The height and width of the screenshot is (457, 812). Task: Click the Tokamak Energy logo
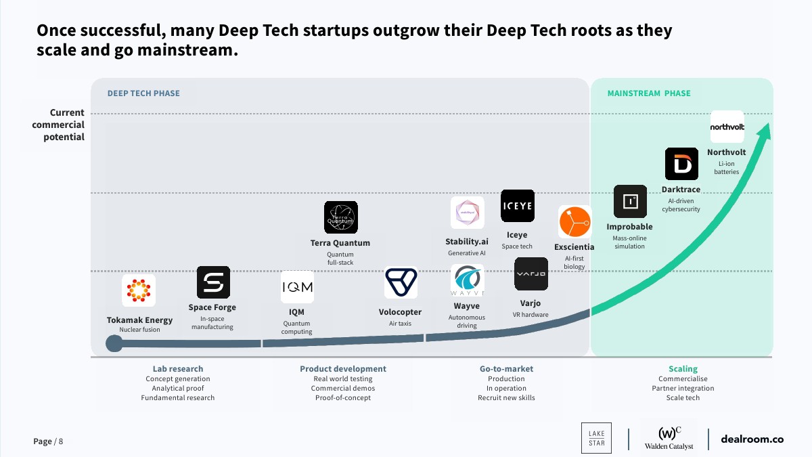(139, 290)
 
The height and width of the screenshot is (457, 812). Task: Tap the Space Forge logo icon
(213, 282)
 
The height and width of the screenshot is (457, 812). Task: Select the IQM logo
(297, 287)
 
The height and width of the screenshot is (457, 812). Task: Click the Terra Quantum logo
(340, 217)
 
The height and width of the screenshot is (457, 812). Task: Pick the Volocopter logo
(401, 282)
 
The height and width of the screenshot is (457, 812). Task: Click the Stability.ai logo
(467, 213)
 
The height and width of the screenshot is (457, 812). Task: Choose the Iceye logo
(517, 206)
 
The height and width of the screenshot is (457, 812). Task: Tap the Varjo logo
(531, 274)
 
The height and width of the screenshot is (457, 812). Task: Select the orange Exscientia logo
(574, 221)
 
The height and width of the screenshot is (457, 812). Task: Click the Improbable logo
(630, 201)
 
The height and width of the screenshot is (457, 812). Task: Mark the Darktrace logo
(681, 164)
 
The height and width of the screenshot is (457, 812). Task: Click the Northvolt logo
(727, 127)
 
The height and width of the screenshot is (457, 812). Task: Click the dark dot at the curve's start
(114, 343)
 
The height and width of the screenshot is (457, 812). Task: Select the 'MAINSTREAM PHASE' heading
(648, 93)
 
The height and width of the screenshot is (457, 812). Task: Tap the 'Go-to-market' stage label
(506, 369)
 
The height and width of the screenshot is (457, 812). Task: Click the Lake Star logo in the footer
(596, 438)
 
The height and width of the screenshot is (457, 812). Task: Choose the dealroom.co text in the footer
(752, 439)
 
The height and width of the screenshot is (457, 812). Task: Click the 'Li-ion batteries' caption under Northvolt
(726, 168)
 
